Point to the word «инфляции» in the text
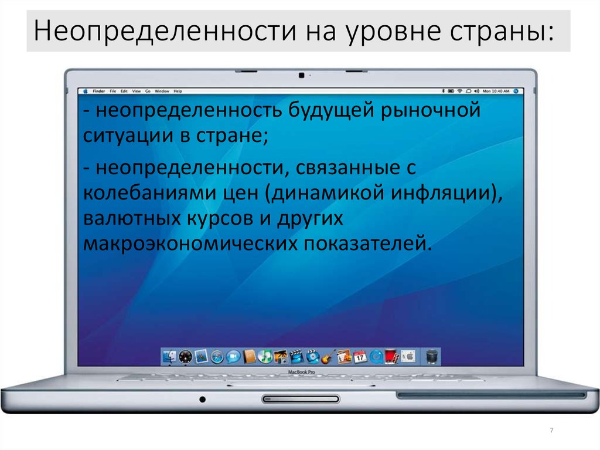pyautogui.click(x=445, y=192)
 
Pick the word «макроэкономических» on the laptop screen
pyautogui.click(x=190, y=242)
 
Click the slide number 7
pyautogui.click(x=551, y=431)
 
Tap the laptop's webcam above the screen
pyautogui.click(x=301, y=75)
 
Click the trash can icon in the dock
pyautogui.click(x=432, y=356)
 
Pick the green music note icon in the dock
pyautogui.click(x=265, y=356)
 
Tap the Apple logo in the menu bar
pyautogui.click(x=86, y=92)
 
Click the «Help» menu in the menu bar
pyautogui.click(x=178, y=92)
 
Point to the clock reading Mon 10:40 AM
pyautogui.click(x=497, y=92)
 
